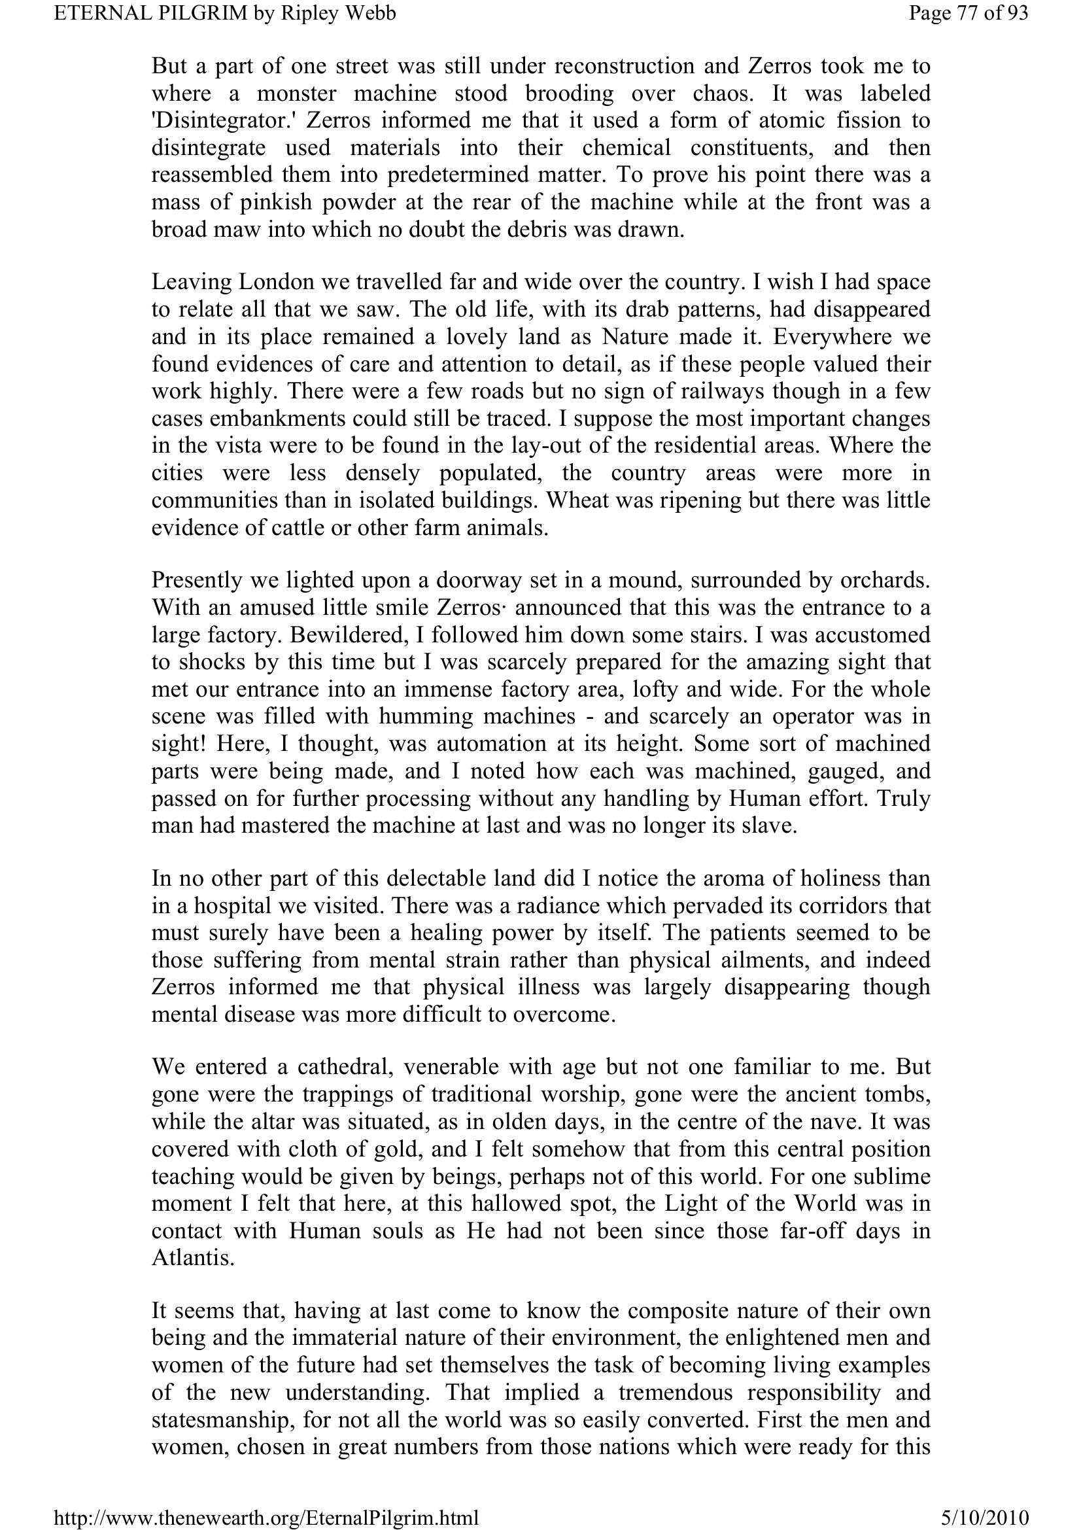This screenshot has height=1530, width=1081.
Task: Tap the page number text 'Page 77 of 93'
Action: [x=968, y=13]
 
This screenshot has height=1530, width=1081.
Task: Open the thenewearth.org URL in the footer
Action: [x=266, y=1517]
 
